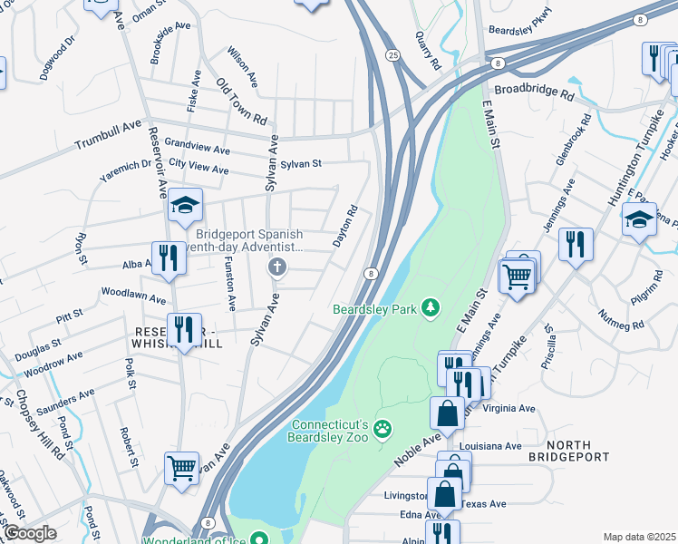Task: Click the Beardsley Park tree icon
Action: (x=431, y=309)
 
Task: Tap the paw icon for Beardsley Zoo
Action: (x=383, y=427)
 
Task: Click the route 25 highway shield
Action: (x=392, y=55)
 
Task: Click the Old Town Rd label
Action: (x=242, y=101)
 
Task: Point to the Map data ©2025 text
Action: (x=638, y=537)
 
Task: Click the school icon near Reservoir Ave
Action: (x=185, y=205)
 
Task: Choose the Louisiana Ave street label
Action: (x=490, y=446)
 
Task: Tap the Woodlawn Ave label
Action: (x=133, y=296)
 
